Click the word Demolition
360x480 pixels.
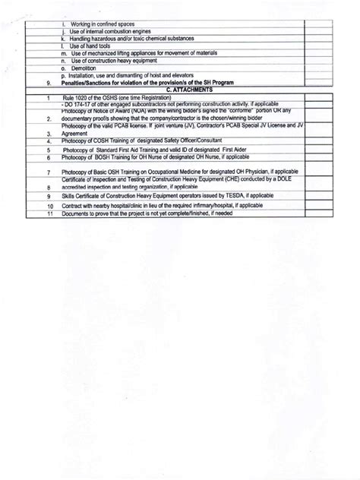coord(81,68)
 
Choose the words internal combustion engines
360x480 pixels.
coord(108,31)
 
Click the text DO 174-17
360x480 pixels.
coord(76,104)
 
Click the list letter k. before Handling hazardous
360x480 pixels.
coord(62,39)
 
